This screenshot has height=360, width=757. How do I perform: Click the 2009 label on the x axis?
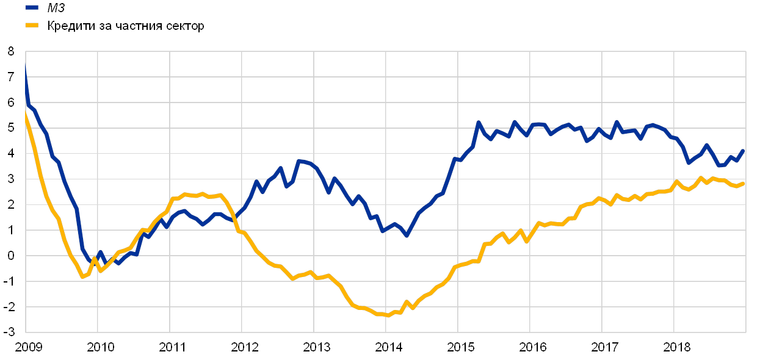[x=27, y=348]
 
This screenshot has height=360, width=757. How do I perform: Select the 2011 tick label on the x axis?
[x=172, y=348]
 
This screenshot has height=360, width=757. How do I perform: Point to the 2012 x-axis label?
[x=244, y=348]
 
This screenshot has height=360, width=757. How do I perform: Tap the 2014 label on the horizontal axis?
[x=387, y=348]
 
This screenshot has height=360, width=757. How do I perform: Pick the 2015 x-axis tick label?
[x=459, y=348]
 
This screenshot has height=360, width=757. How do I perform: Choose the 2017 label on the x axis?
[x=603, y=348]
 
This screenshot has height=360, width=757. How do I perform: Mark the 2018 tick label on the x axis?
[x=675, y=348]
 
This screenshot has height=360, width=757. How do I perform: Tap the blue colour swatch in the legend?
[x=32, y=8]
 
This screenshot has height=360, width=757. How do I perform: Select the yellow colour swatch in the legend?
[x=32, y=26]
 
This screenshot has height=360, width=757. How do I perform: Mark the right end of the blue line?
[x=744, y=149]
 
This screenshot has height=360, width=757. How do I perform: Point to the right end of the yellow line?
[x=744, y=183]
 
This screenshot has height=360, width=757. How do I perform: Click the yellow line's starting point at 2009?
[x=25, y=110]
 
